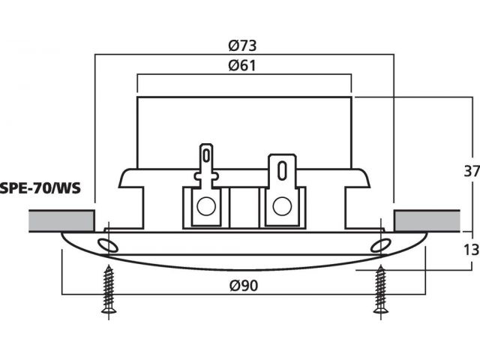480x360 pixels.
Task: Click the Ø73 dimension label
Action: pyautogui.click(x=242, y=46)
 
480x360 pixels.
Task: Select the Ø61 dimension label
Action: pyautogui.click(x=242, y=65)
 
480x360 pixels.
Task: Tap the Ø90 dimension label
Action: pyautogui.click(x=244, y=286)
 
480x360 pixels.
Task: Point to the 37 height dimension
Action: pyautogui.click(x=472, y=171)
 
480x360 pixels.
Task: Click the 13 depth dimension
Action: pyautogui.click(x=472, y=250)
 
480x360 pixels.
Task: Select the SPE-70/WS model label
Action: pyautogui.click(x=40, y=188)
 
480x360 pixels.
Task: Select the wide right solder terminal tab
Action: pyautogui.click(x=282, y=171)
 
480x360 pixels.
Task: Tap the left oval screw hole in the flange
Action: pyautogui.click(x=108, y=245)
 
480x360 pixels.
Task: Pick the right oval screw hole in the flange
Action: pyautogui.click(x=380, y=245)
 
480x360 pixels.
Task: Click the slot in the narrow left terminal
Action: pyautogui.click(x=207, y=155)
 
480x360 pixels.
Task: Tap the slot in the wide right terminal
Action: pyautogui.click(x=282, y=171)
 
